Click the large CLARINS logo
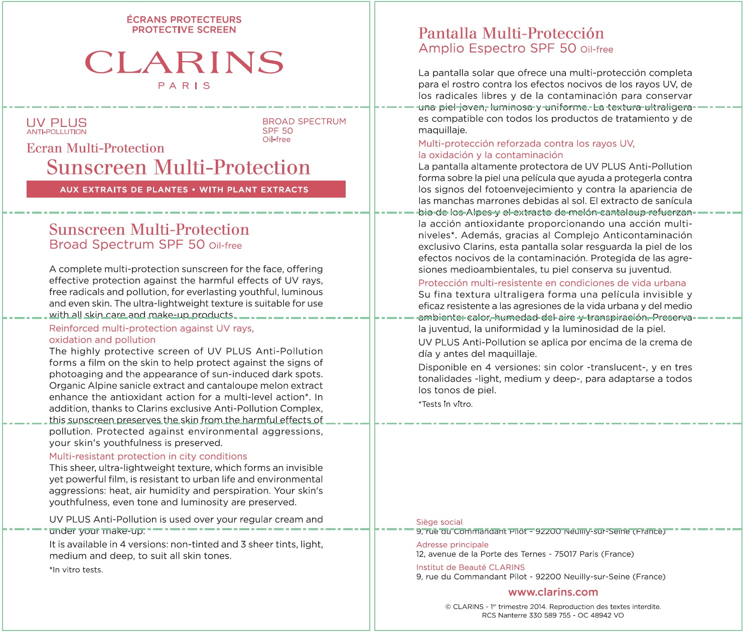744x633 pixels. (184, 62)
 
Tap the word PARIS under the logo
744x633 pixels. (184, 86)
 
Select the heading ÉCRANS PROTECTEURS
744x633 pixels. (184, 20)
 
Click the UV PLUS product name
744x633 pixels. (57, 123)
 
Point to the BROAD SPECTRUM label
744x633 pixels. (304, 121)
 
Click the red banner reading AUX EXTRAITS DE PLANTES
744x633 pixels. (186, 189)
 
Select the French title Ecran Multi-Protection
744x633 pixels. (95, 148)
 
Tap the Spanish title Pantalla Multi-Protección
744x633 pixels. (511, 33)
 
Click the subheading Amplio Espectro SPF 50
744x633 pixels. (497, 48)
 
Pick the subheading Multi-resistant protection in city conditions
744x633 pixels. (148, 456)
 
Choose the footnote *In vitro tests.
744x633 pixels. (76, 569)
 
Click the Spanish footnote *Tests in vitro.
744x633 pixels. (445, 404)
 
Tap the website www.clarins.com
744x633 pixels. (553, 592)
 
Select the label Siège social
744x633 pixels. (439, 522)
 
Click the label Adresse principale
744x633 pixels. (452, 544)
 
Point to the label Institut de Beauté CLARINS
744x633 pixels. (471, 567)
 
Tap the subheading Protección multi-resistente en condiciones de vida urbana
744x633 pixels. (552, 283)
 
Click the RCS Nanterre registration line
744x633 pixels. (553, 615)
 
